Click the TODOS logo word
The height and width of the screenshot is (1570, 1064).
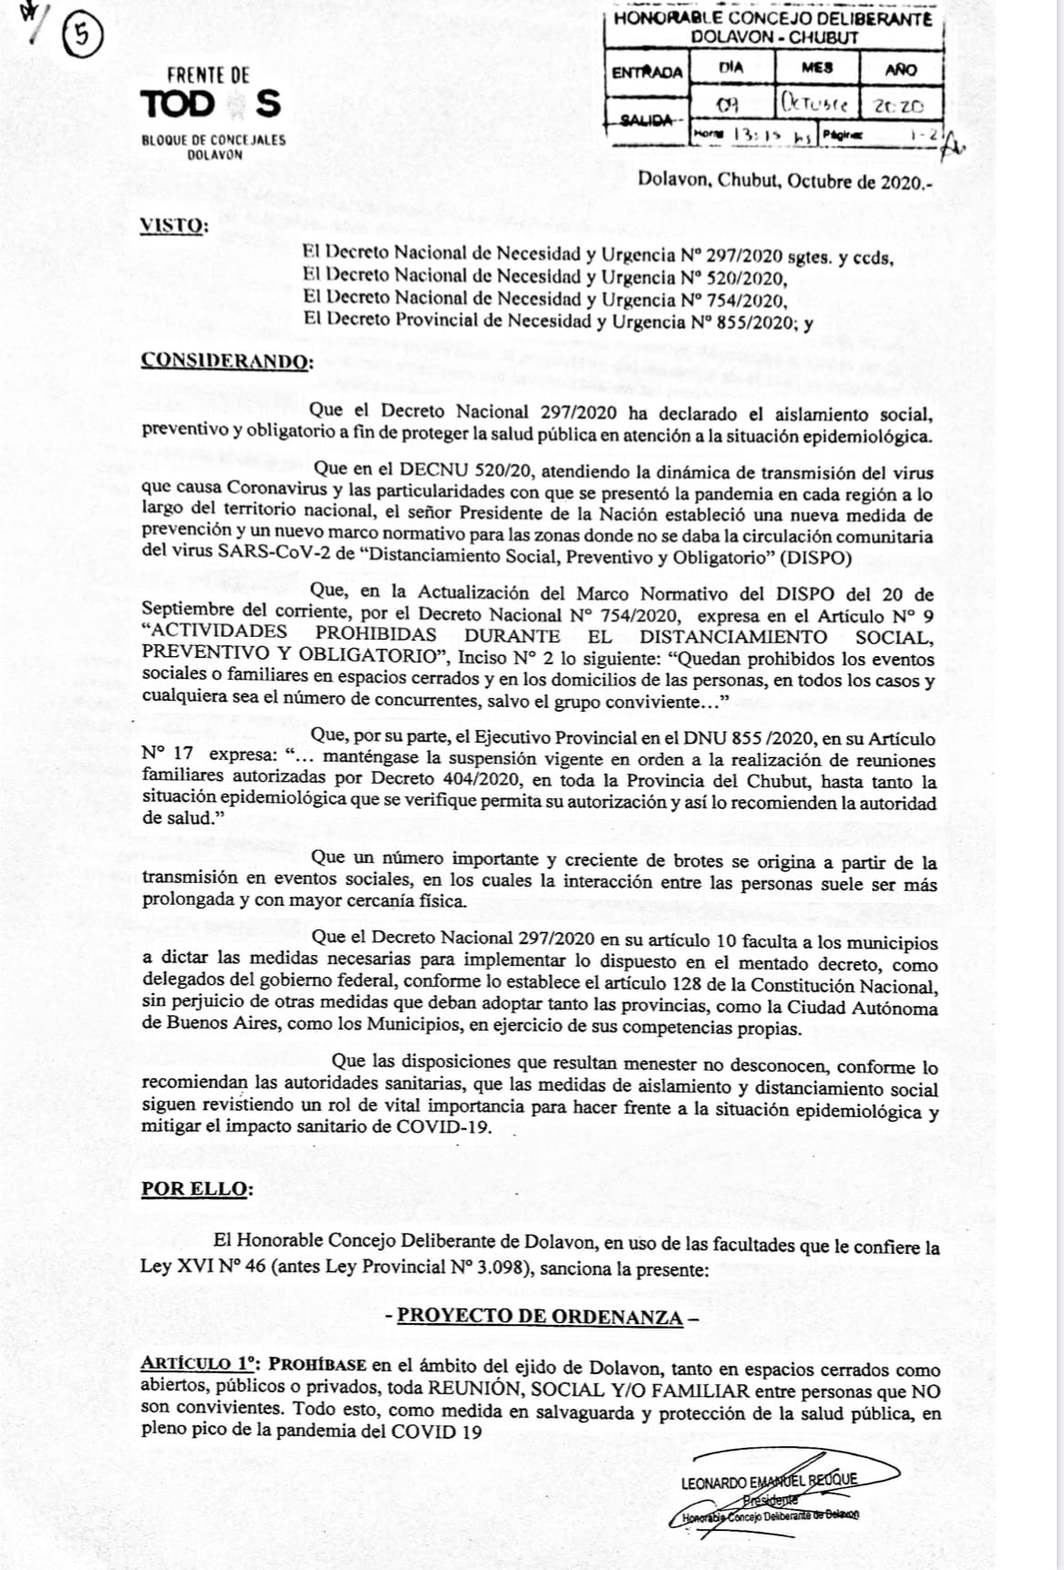211,104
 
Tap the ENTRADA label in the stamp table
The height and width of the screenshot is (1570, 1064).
647,72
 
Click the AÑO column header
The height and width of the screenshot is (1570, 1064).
900,68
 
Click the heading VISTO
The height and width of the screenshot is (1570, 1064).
174,225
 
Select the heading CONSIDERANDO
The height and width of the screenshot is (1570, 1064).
227,360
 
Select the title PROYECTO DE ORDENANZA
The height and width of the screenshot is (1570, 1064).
540,1317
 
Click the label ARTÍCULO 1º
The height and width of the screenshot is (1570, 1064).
201,1364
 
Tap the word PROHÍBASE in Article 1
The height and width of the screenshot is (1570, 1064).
318,1364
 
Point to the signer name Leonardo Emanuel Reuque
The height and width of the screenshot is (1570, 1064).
769,1481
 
